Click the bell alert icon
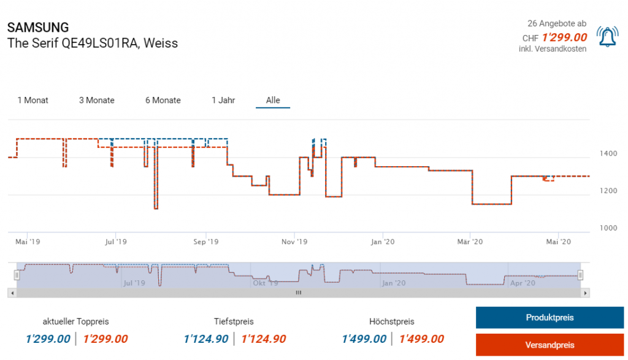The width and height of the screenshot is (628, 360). (607, 37)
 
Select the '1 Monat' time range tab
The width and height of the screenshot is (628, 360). (33, 100)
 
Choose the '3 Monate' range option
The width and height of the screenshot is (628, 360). (97, 100)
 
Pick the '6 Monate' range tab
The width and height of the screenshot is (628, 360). (163, 100)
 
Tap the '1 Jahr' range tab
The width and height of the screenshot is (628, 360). (223, 100)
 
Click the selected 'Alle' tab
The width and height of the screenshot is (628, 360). (273, 100)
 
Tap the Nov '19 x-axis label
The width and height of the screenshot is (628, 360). (294, 242)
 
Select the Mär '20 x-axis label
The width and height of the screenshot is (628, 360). (470, 242)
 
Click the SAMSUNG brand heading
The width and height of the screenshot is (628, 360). (38, 28)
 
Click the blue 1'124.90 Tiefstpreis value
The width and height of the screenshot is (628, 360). (207, 339)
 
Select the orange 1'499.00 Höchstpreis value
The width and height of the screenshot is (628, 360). (421, 339)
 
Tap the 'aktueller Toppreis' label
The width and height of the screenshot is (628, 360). (76, 321)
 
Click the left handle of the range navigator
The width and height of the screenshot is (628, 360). (17, 275)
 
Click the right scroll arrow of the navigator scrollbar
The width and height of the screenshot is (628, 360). (586, 293)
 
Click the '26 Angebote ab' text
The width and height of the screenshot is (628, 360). (553, 23)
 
